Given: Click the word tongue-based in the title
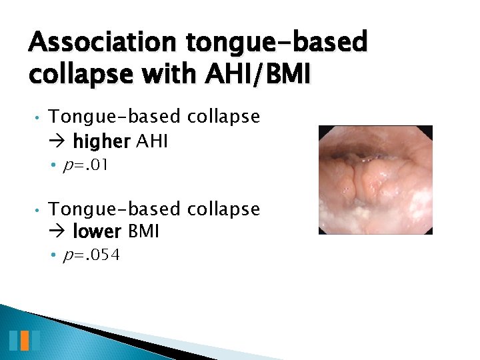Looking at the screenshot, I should pyautogui.click(x=277, y=43).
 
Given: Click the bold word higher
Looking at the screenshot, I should pyautogui.click(x=102, y=141).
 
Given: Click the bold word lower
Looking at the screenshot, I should pyautogui.click(x=97, y=232).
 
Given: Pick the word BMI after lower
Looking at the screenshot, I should pyautogui.click(x=143, y=232).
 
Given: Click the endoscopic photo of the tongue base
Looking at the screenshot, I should pyautogui.click(x=375, y=179).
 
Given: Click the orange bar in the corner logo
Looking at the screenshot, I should pyautogui.click(x=24, y=341).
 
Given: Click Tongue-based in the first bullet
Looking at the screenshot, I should pyautogui.click(x=115, y=117).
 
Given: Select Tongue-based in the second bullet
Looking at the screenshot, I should pyautogui.click(x=115, y=209).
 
